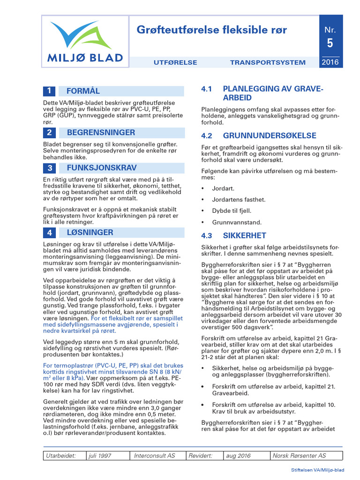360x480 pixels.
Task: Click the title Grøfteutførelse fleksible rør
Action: (211, 30)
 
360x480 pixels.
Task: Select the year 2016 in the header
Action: (330, 62)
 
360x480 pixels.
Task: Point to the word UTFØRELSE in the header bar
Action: (175, 62)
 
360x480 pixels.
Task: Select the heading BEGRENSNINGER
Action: (101, 133)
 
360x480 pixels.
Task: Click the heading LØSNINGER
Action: (90, 232)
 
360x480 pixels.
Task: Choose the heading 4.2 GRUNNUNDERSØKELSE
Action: (259, 136)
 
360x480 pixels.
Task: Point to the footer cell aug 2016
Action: (238, 456)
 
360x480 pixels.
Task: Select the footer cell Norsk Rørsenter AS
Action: (300, 456)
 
